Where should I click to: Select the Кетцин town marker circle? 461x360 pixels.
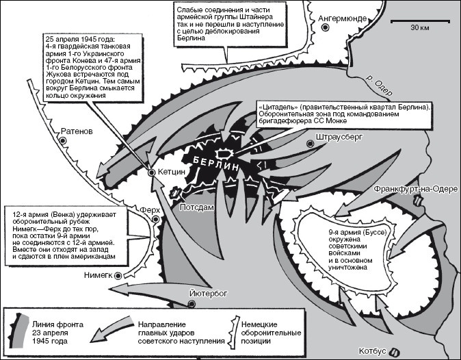tap(151, 172)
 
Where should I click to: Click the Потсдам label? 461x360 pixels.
tap(198, 205)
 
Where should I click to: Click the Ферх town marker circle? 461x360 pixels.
tap(156, 219)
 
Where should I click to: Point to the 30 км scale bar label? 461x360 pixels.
tap(419, 28)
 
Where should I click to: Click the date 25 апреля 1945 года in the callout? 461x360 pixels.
tap(78, 38)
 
